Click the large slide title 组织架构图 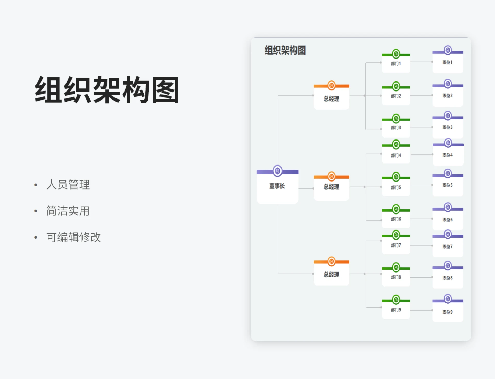tap(107, 90)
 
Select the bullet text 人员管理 tap(68, 185)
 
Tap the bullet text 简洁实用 tap(68, 211)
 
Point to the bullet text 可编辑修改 tap(73, 237)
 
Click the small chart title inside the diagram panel tap(285, 50)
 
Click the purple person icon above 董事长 tap(277, 171)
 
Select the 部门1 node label tap(396, 64)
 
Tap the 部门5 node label tap(396, 187)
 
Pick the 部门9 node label tap(396, 310)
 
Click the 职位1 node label tap(447, 62)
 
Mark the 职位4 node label tap(447, 155)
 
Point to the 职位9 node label tap(447, 312)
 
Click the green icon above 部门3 tap(396, 119)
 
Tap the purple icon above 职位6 tap(448, 207)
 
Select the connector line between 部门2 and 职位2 tap(421, 95)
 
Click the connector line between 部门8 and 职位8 tap(421, 277)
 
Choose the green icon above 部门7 tap(396, 235)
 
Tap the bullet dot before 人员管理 tap(36, 185)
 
